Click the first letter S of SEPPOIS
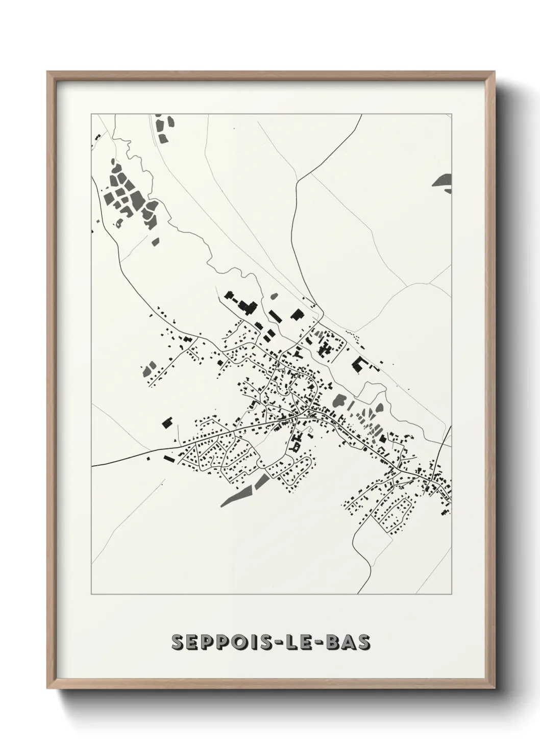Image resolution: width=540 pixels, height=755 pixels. coord(178,642)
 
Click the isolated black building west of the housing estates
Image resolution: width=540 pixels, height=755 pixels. coord(167,421)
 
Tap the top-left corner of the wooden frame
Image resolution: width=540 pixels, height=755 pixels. coord(48,73)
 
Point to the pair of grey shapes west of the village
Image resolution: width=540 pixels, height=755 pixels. coord(150,368)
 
